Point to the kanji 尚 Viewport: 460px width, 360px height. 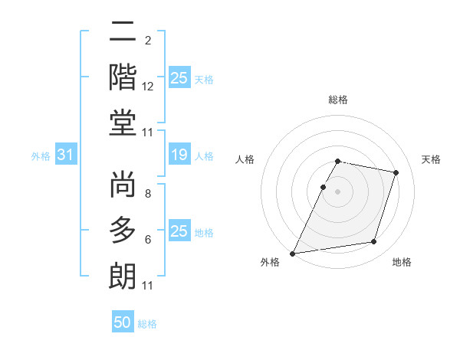(123, 187)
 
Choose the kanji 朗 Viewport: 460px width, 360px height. (123, 273)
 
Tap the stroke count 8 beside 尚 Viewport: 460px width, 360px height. (148, 195)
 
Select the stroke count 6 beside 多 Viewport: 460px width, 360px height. (148, 241)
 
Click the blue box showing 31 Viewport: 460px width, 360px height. (65, 155)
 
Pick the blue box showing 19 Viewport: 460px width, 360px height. (179, 155)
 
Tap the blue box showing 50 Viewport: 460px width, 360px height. (123, 322)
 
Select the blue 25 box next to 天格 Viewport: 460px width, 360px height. (179, 77)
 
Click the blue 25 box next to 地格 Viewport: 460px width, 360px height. (179, 231)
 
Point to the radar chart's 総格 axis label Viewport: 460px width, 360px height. (338, 100)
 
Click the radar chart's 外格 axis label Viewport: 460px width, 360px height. (270, 263)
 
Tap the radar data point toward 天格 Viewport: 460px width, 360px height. (396, 173)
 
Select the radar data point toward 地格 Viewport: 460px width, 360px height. (374, 242)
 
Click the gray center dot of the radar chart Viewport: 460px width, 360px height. (338, 191)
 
